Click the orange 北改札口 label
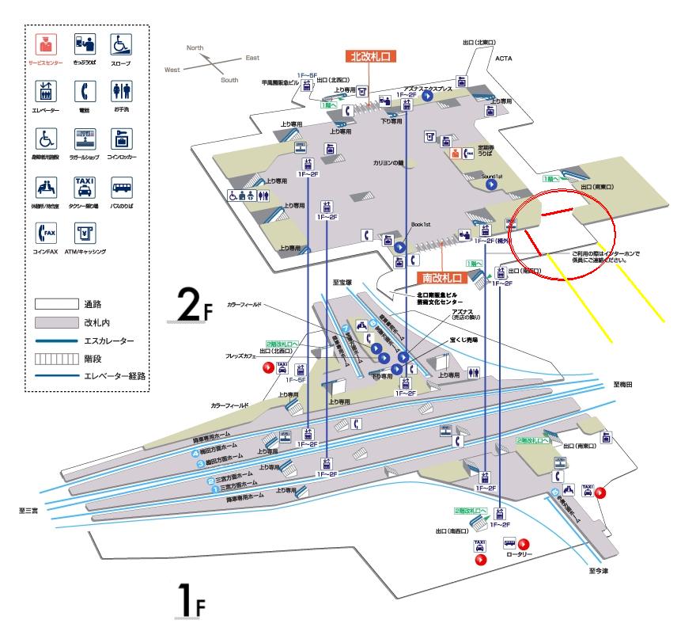pos(370,56)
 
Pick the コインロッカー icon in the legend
pos(120,139)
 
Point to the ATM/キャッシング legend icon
pos(85,234)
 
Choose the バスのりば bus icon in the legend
pos(120,187)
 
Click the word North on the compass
pos(195,48)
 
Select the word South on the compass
pos(229,80)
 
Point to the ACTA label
pos(505,58)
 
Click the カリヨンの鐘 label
pos(388,163)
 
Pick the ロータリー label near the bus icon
pos(519,556)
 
